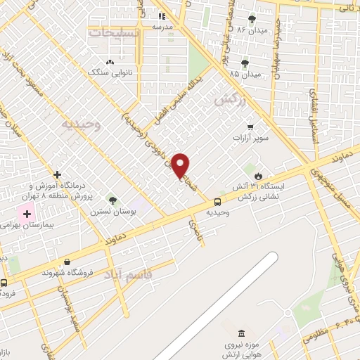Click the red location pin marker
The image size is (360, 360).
coord(181,165)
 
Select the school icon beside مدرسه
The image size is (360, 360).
coord(162,15)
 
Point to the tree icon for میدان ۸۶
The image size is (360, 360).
coord(252,18)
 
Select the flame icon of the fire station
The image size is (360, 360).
coord(259,175)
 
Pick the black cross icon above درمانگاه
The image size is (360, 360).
coord(58,174)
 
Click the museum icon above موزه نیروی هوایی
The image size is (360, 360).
coord(241,332)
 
